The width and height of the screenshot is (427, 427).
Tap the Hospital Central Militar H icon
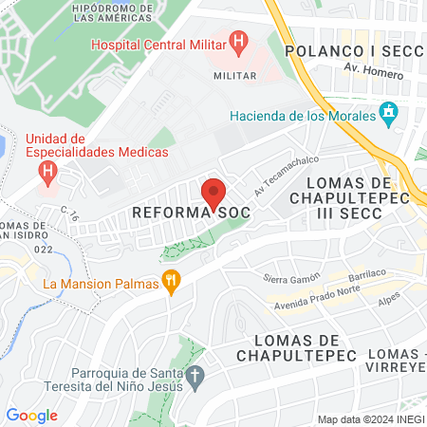239,42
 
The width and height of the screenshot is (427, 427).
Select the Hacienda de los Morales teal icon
388,115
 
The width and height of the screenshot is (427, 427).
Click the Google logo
31,416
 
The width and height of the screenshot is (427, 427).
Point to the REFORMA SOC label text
191,213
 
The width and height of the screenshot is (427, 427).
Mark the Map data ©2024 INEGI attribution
370,419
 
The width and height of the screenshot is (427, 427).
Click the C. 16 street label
69,214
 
